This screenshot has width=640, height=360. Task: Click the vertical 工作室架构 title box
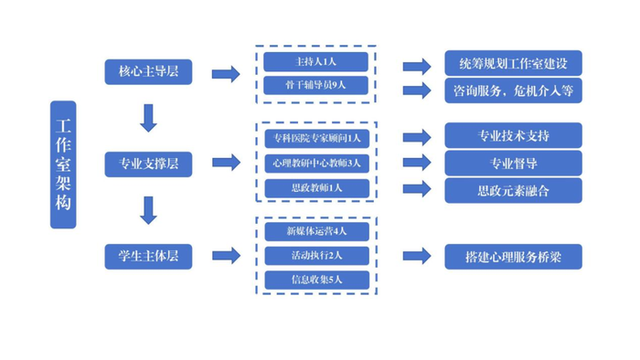[x=63, y=164]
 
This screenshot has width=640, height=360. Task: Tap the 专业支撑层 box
[x=148, y=164]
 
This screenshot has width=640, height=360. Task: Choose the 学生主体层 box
[x=148, y=256]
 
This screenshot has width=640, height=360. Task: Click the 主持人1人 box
[x=316, y=62]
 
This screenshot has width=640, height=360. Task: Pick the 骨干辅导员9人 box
[x=316, y=86]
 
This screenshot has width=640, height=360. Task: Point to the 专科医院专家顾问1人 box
[x=316, y=139]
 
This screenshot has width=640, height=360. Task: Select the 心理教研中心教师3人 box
[x=316, y=164]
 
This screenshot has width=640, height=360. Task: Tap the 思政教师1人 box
[x=316, y=188]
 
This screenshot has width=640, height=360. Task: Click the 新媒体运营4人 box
[x=316, y=231]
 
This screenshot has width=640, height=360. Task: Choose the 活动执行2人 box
[x=316, y=256]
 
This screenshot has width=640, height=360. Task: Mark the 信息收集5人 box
[x=316, y=280]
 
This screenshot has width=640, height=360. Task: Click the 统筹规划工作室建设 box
[x=513, y=64]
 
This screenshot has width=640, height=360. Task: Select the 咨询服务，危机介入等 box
[x=513, y=90]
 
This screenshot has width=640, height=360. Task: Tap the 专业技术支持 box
[x=513, y=136]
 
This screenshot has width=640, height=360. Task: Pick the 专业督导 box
[x=513, y=164]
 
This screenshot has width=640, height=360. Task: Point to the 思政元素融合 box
[x=513, y=190]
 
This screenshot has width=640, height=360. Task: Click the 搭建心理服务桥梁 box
[x=513, y=257]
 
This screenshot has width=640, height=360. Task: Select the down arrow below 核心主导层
[x=148, y=116]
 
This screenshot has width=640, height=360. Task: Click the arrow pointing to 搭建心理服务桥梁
[x=416, y=257]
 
